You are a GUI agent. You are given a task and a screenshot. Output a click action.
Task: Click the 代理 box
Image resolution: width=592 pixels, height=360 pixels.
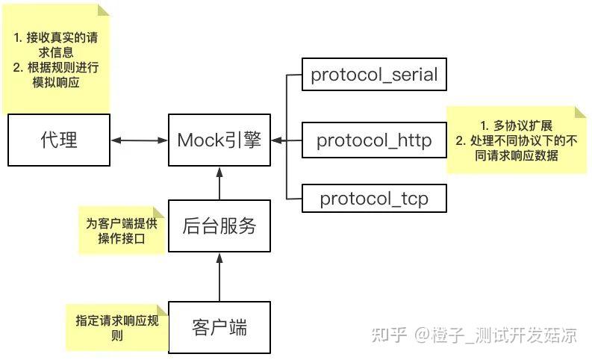click(58, 140)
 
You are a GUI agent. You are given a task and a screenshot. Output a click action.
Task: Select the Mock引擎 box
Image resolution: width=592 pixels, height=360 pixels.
click(219, 140)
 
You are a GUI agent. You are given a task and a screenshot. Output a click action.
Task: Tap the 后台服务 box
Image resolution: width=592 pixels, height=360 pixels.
click(219, 226)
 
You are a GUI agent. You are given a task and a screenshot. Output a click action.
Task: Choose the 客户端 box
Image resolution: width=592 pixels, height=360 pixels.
click(219, 326)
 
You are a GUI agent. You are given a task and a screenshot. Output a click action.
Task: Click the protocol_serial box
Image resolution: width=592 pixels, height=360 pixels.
click(374, 75)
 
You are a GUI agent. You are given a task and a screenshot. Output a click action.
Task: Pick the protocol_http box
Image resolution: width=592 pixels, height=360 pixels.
click(374, 140)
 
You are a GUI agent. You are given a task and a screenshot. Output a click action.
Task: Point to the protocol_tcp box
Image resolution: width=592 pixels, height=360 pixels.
click(374, 199)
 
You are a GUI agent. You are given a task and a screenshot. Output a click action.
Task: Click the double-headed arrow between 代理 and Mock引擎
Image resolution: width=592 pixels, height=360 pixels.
click(139, 140)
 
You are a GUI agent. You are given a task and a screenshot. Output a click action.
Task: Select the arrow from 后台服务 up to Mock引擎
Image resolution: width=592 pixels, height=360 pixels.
click(219, 184)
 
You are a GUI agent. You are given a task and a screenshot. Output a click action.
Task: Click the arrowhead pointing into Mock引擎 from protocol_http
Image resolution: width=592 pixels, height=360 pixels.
click(275, 140)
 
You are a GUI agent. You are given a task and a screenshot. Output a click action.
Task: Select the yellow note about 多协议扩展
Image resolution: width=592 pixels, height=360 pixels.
click(516, 140)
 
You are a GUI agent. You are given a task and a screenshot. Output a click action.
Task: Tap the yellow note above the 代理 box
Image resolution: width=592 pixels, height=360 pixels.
click(56, 60)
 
